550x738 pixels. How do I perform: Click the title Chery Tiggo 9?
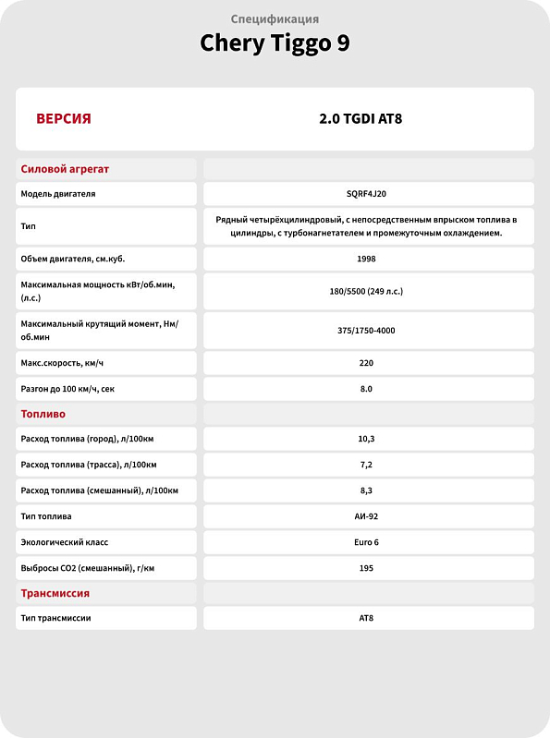click(x=275, y=43)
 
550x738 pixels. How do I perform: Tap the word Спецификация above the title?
click(x=275, y=18)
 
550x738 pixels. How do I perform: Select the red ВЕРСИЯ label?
click(x=63, y=119)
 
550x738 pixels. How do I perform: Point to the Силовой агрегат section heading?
click(x=65, y=169)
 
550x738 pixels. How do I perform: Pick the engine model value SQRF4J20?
click(x=366, y=194)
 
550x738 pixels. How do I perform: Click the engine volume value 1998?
click(x=366, y=259)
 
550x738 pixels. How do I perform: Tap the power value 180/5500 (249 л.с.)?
click(x=366, y=291)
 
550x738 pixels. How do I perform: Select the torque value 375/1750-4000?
click(x=366, y=330)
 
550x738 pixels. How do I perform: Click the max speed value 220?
click(x=366, y=363)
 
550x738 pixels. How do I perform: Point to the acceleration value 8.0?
click(x=366, y=389)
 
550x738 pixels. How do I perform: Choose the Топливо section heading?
click(x=43, y=414)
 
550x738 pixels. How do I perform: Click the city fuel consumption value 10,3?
click(x=366, y=439)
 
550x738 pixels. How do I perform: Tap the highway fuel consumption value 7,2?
click(x=366, y=465)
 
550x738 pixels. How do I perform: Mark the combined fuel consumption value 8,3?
click(x=366, y=490)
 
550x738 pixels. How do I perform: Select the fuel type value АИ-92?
click(x=366, y=516)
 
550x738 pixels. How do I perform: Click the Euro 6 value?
click(x=366, y=542)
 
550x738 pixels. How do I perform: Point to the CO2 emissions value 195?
click(x=366, y=568)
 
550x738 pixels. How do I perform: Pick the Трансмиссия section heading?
click(x=55, y=593)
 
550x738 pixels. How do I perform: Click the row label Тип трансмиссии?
click(x=55, y=618)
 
